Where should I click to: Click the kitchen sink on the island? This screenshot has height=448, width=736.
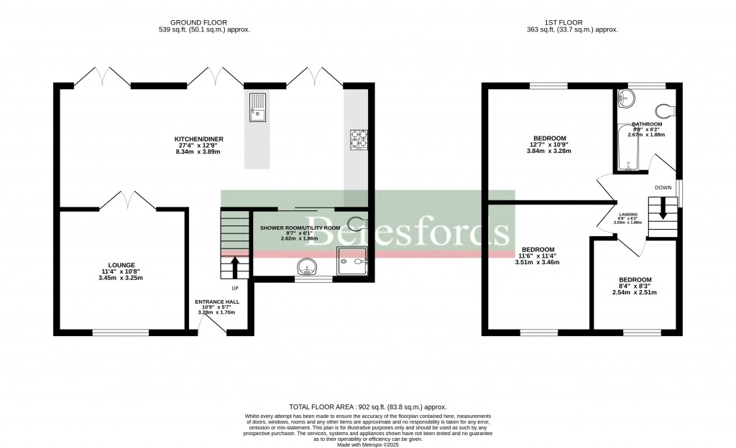coord(257,108)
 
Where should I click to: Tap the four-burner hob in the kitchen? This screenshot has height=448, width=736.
coord(358,139)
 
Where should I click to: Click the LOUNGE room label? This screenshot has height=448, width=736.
coord(123,265)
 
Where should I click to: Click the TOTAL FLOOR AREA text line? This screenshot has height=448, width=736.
coord(367,406)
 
